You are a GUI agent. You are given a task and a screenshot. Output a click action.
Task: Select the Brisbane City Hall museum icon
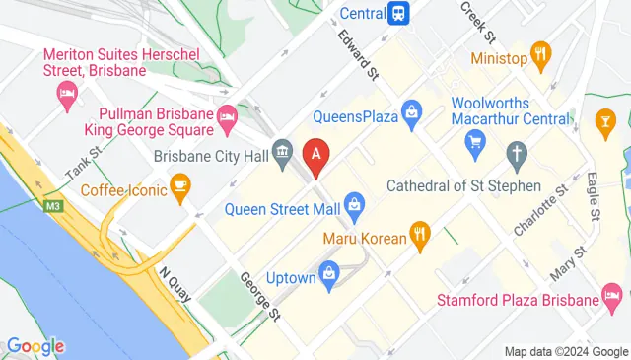pyautogui.click(x=282, y=153)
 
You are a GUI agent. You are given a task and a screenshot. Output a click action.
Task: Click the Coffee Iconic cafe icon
pyautogui.click(x=179, y=185)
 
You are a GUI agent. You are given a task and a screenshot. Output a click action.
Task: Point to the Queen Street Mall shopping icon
pyautogui.click(x=356, y=207)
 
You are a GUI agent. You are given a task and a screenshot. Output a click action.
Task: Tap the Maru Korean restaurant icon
pyautogui.click(x=421, y=235)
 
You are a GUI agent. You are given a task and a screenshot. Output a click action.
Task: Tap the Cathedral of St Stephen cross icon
pyautogui.click(x=515, y=152)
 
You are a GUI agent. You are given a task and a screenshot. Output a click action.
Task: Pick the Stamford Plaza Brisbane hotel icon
pyautogui.click(x=612, y=297)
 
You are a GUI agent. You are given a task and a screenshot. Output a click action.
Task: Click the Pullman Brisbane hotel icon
pyautogui.click(x=226, y=115)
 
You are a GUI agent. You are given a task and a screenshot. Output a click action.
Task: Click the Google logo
pyautogui.click(x=35, y=345)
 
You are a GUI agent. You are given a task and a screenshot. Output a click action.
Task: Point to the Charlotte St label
pyautogui.click(x=541, y=208)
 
